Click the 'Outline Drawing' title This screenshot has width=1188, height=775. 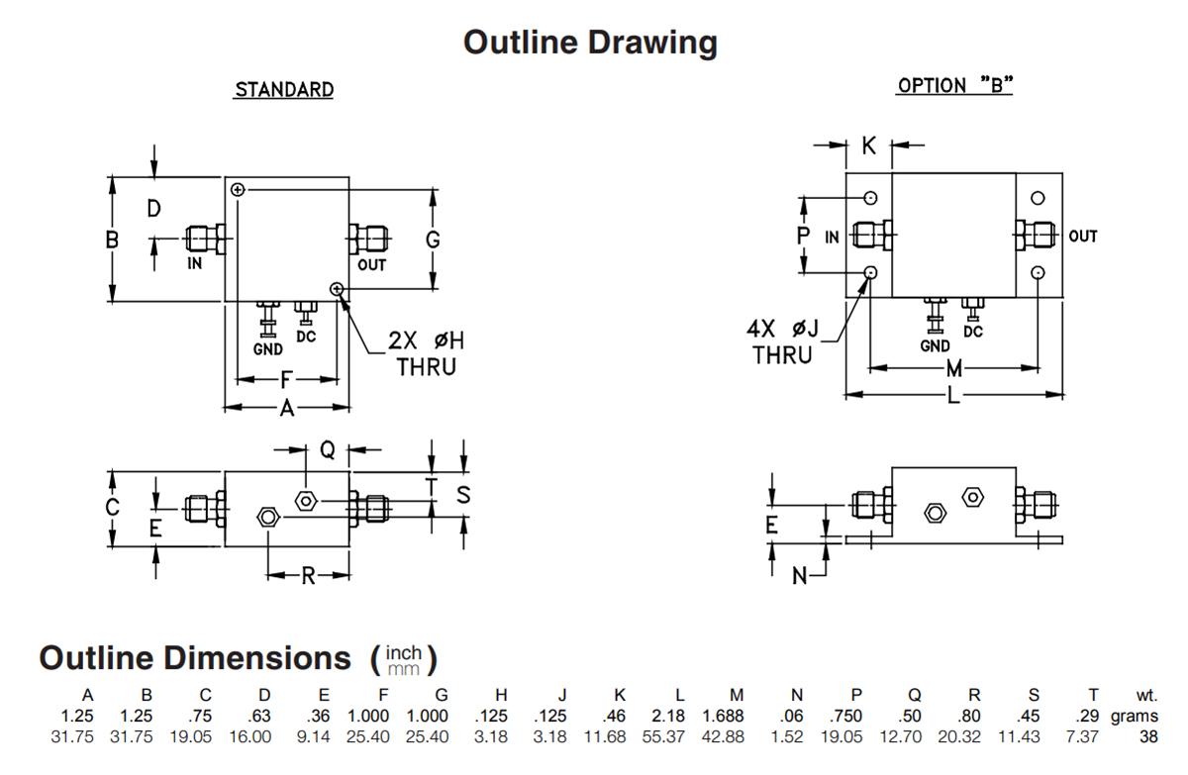(x=590, y=43)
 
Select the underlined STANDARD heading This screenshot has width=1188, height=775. (x=284, y=90)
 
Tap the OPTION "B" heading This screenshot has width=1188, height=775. (x=954, y=86)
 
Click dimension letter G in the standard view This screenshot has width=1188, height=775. (x=433, y=240)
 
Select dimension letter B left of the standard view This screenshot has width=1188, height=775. (x=113, y=240)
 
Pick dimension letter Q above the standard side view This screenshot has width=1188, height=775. (x=328, y=450)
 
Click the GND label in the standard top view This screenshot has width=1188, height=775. (x=268, y=349)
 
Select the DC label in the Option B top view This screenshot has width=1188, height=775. (x=973, y=332)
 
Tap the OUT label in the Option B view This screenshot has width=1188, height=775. (x=1083, y=237)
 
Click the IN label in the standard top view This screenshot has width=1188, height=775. (x=195, y=263)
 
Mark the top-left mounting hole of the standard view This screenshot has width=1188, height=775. (x=238, y=190)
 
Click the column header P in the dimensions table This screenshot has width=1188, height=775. (x=856, y=696)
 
